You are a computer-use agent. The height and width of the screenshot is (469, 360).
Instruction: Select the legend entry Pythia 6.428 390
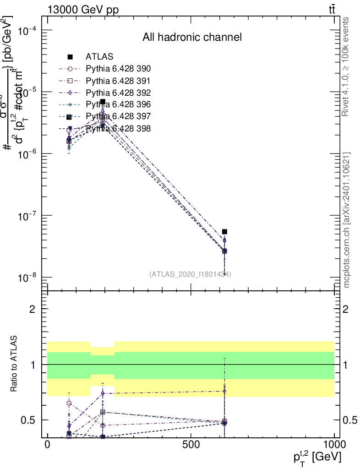[118, 69]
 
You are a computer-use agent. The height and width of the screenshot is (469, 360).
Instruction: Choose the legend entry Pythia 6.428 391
[118, 81]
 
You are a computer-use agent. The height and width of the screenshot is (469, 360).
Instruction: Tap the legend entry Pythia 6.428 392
[118, 93]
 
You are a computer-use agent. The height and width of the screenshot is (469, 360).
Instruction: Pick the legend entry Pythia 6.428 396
[118, 104]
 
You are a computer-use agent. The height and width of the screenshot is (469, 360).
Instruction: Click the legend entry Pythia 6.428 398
[118, 128]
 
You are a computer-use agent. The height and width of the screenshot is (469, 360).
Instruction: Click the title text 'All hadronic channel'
[192, 38]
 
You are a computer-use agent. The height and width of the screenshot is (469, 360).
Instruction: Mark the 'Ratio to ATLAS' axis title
[15, 364]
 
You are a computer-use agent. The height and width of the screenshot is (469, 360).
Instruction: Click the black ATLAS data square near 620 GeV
[224, 232]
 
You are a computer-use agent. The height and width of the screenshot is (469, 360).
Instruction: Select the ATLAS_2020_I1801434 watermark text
[190, 274]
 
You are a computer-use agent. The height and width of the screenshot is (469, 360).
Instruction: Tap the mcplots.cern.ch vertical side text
[347, 220]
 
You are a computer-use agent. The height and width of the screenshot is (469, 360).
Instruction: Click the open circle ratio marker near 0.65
[69, 404]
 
